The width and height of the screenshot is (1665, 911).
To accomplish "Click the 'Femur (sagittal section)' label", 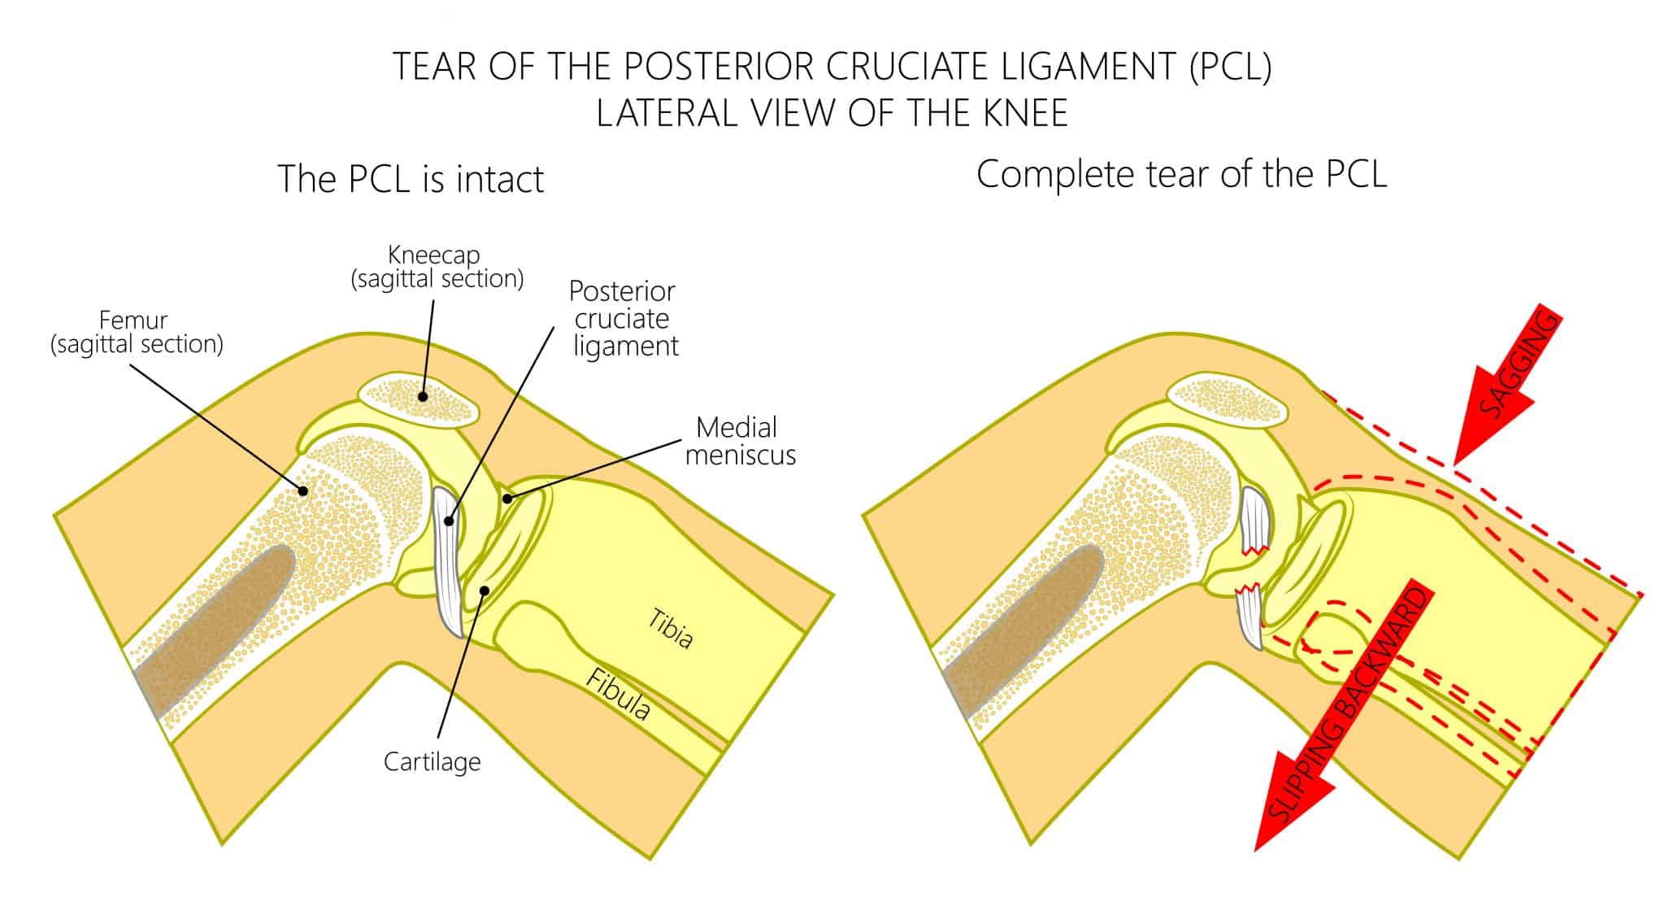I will (137, 332).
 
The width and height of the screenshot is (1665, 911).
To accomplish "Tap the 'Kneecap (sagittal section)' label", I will (437, 267).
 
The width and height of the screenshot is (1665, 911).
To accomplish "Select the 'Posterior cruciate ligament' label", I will (624, 318).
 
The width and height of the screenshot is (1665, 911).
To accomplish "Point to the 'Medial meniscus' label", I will (740, 440).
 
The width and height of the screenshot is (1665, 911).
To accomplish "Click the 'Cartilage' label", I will (432, 761).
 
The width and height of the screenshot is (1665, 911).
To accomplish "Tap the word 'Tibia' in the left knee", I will (671, 628).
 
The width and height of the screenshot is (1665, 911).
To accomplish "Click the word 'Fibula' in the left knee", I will (619, 695).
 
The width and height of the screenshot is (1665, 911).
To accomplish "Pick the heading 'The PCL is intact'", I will (411, 179).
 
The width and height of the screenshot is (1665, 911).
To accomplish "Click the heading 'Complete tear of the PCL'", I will (1180, 175).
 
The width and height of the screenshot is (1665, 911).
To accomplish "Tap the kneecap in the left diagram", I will (419, 401).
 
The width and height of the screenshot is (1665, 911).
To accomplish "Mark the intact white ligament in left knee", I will (448, 561).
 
